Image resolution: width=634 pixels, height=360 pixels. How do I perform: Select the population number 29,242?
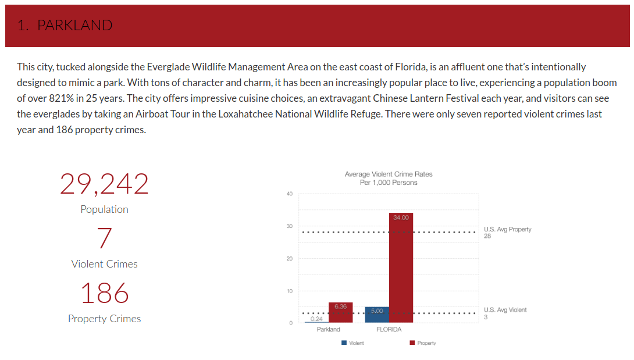[x=104, y=184]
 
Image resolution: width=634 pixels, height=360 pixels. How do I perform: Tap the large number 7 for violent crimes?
[x=105, y=238]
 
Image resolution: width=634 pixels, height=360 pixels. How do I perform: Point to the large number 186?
[x=104, y=293]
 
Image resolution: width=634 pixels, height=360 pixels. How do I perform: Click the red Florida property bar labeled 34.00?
[x=401, y=268]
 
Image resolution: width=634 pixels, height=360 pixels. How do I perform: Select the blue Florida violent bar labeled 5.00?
[x=377, y=315]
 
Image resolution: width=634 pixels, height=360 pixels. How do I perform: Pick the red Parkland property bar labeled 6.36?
[x=340, y=312]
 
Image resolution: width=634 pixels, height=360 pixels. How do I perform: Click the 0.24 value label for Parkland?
[x=316, y=319]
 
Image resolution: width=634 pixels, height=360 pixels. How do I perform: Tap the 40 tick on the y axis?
[x=289, y=194]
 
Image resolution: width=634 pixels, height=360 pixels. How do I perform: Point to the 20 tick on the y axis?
[x=289, y=259]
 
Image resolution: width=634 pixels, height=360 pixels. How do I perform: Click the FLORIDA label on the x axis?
[x=389, y=330]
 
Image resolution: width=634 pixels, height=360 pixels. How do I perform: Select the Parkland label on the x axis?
[x=329, y=330]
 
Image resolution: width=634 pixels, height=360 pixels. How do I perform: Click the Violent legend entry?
[x=353, y=343]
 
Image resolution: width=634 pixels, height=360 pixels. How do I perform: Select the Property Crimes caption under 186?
[x=104, y=319]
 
